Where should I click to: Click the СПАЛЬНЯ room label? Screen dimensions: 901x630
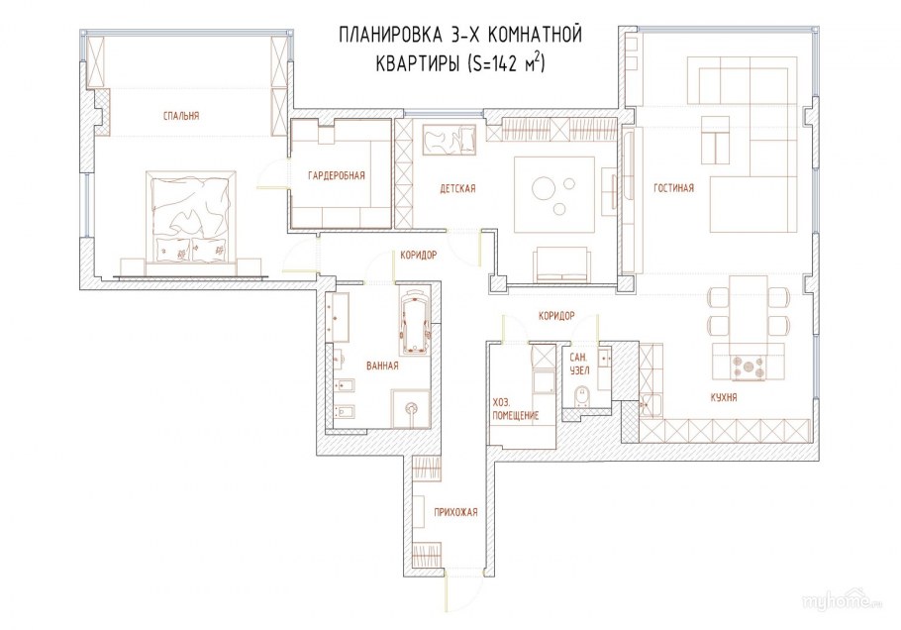click(181, 116)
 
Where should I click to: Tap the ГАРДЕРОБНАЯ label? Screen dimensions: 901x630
click(337, 176)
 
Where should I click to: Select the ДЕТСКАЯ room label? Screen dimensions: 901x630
click(458, 188)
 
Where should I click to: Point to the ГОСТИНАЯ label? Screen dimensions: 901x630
click(673, 188)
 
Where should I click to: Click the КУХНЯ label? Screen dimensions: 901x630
click(724, 397)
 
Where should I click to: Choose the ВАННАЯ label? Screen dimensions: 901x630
click(382, 366)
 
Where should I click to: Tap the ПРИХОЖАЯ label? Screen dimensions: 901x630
click(455, 512)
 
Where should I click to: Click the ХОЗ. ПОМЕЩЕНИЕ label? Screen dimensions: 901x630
click(516, 409)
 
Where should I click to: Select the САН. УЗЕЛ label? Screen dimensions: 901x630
click(579, 364)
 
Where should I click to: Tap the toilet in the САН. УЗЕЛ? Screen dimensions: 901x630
click(581, 396)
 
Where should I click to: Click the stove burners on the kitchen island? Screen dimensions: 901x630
click(749, 367)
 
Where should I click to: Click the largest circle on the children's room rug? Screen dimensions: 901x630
click(543, 188)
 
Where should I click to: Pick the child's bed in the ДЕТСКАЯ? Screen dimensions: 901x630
click(450, 141)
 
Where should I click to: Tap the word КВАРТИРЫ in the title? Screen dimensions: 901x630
click(417, 63)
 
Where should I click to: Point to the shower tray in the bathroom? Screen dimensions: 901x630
click(411, 409)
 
